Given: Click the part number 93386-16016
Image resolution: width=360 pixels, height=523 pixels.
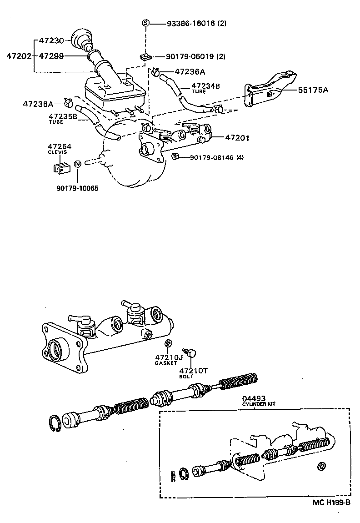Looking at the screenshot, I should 188,23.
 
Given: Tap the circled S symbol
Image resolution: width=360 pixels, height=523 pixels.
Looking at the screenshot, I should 145,23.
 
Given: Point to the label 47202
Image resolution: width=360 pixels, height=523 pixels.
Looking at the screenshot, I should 19,56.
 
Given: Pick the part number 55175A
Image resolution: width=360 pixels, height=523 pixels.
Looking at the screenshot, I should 313,90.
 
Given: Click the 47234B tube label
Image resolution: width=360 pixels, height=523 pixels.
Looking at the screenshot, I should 205,85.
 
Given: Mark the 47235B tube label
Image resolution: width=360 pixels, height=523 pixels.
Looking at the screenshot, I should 63,116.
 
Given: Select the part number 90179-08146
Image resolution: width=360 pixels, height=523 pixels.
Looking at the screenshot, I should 211,158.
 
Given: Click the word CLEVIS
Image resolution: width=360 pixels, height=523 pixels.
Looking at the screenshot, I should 57,152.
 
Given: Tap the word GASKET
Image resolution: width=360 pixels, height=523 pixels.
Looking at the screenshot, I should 165,363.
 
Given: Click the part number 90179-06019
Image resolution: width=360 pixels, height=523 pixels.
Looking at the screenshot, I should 188,56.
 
